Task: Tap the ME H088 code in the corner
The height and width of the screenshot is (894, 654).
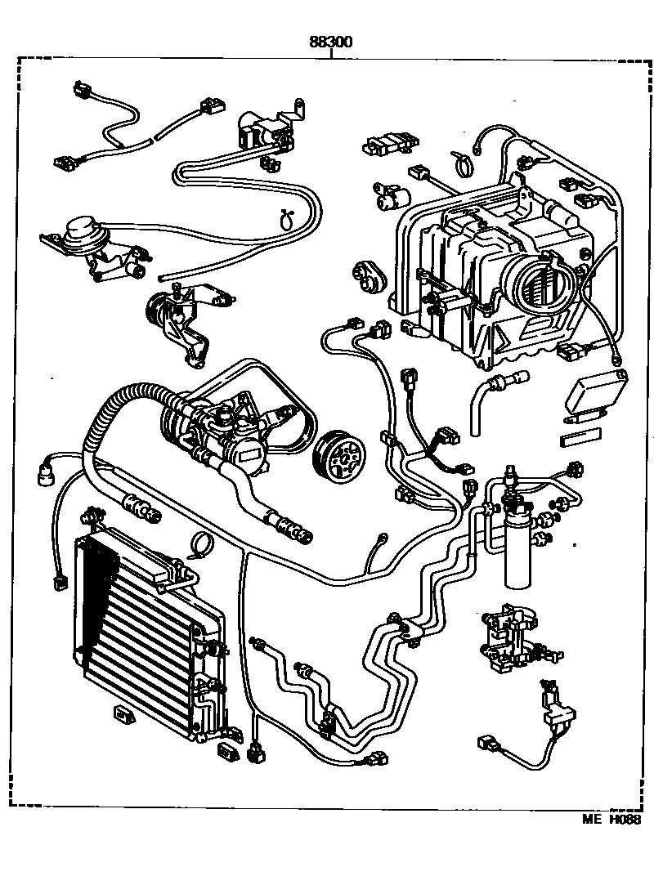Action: pos(610,820)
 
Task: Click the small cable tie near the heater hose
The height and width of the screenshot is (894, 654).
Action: pos(287,218)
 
